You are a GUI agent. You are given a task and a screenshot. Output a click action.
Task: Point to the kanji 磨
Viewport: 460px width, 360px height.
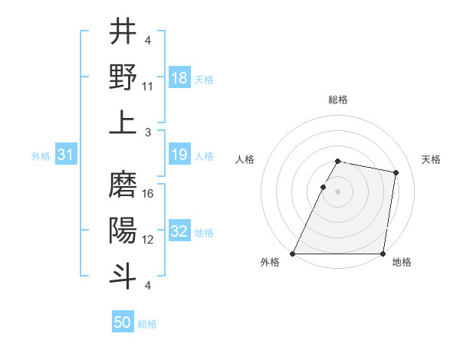[x=123, y=185]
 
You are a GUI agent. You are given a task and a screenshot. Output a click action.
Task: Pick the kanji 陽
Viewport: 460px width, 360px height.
[x=123, y=230]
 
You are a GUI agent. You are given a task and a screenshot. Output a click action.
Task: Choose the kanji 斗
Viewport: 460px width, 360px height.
[x=123, y=274]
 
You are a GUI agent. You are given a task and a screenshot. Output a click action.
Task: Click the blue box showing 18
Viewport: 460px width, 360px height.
[x=179, y=78]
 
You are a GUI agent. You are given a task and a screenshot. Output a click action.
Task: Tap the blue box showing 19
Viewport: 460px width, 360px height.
[x=179, y=155]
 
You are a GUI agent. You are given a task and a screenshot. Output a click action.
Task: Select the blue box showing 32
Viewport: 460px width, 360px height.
[x=179, y=232]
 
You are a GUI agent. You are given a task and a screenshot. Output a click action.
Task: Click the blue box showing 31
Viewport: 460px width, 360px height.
[x=65, y=155]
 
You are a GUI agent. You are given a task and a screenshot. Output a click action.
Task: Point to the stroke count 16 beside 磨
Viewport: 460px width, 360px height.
[x=148, y=195]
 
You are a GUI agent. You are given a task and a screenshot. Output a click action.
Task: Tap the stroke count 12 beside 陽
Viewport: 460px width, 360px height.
[x=148, y=239]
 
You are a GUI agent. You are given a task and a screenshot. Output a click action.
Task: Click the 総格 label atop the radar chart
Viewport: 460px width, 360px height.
[x=338, y=100]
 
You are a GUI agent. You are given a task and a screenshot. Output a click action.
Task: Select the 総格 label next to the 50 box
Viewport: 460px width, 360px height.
[x=147, y=324]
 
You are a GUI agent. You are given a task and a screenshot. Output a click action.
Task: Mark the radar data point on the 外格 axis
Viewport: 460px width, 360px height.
[x=293, y=254]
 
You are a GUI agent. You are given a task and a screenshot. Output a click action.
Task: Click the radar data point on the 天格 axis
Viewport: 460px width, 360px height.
[x=396, y=173]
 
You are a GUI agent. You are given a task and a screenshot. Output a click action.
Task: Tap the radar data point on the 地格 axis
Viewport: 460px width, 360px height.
[x=383, y=254]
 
